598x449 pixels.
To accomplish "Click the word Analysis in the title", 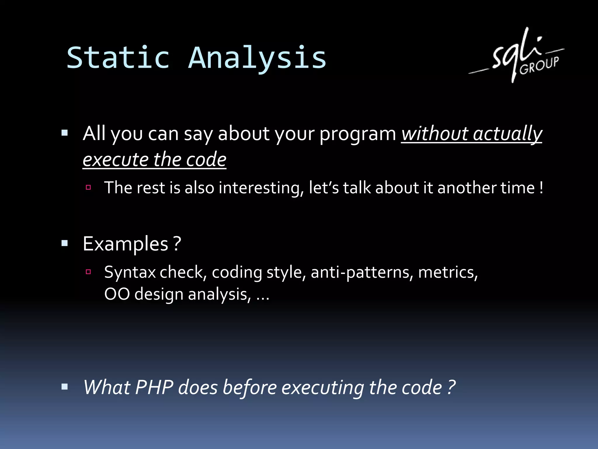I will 257,58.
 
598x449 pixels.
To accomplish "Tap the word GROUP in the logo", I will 539,66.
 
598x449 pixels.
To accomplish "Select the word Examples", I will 126,244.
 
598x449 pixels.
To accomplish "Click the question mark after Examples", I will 177,244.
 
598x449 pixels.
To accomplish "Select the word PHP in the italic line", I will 154,388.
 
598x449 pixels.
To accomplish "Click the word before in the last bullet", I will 249,388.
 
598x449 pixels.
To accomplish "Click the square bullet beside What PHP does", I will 65,387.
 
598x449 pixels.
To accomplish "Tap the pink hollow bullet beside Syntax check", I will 88,272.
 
